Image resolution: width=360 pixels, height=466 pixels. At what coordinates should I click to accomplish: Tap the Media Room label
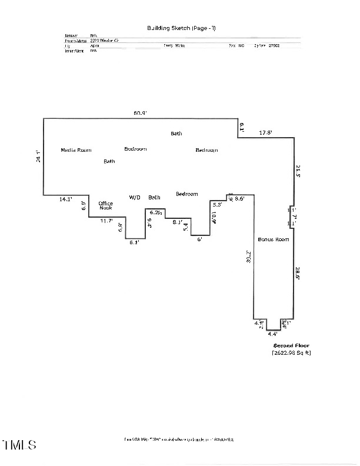[x=76, y=150]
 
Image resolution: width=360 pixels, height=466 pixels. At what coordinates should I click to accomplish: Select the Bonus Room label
[x=274, y=239]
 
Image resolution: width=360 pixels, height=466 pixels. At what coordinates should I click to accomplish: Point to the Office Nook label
[x=105, y=205]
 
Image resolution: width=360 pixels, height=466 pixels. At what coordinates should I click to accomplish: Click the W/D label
[x=135, y=197]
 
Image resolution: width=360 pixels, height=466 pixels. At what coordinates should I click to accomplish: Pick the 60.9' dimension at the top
[x=139, y=113]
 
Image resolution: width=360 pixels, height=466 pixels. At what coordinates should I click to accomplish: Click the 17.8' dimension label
[x=266, y=133]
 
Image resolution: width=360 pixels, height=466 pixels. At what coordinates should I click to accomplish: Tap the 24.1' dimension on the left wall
[x=38, y=157]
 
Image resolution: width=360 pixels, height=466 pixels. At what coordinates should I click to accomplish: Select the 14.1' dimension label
[x=65, y=199]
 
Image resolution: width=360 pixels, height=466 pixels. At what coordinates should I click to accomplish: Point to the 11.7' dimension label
[x=106, y=221]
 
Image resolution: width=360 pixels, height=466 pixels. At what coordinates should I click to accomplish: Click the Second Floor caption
[x=291, y=345]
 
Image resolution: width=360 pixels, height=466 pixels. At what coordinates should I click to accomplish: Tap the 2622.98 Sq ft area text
[x=291, y=353]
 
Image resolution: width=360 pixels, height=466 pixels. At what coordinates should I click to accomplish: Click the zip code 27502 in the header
[x=274, y=45]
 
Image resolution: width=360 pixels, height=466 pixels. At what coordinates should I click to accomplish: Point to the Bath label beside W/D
[x=154, y=197]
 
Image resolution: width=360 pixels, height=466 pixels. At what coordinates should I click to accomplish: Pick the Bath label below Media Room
[x=109, y=161]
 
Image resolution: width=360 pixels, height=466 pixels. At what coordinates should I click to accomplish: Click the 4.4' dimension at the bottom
[x=272, y=334]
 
